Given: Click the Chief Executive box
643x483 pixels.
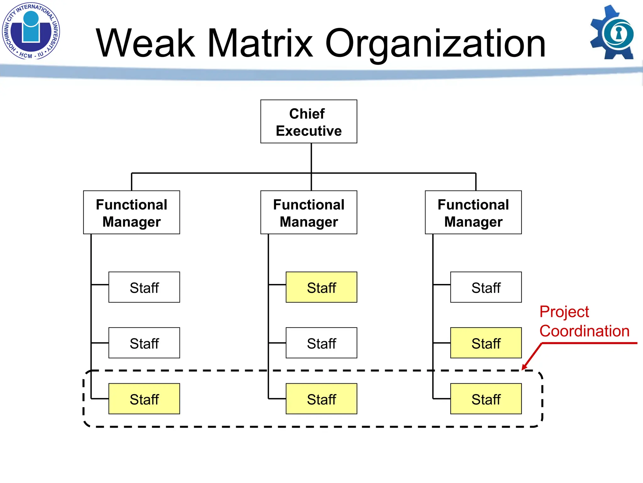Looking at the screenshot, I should tap(309, 122).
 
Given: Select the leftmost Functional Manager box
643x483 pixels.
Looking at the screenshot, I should tap(132, 212).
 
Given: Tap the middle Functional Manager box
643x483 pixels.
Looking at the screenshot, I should tap(309, 212).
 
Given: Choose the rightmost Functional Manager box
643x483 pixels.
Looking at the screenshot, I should tap(473, 212).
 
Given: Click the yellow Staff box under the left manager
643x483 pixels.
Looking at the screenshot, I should tap(144, 399).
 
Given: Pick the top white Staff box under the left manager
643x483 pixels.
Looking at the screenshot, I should tap(144, 287).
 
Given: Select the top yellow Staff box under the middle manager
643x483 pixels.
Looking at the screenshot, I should tap(321, 287).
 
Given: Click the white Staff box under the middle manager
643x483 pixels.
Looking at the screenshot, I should tap(321, 343).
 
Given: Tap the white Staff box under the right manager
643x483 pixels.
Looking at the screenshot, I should tap(486, 287).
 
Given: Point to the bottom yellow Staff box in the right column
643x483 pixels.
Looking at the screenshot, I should tap(486, 399).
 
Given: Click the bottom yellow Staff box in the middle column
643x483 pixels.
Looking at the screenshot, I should tap(321, 399).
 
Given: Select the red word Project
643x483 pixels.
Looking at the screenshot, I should tap(564, 312).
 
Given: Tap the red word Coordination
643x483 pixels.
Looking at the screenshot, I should tap(584, 331).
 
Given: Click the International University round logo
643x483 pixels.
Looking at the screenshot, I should tap(31, 31).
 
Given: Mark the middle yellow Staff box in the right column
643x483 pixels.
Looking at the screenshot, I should tap(486, 343).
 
